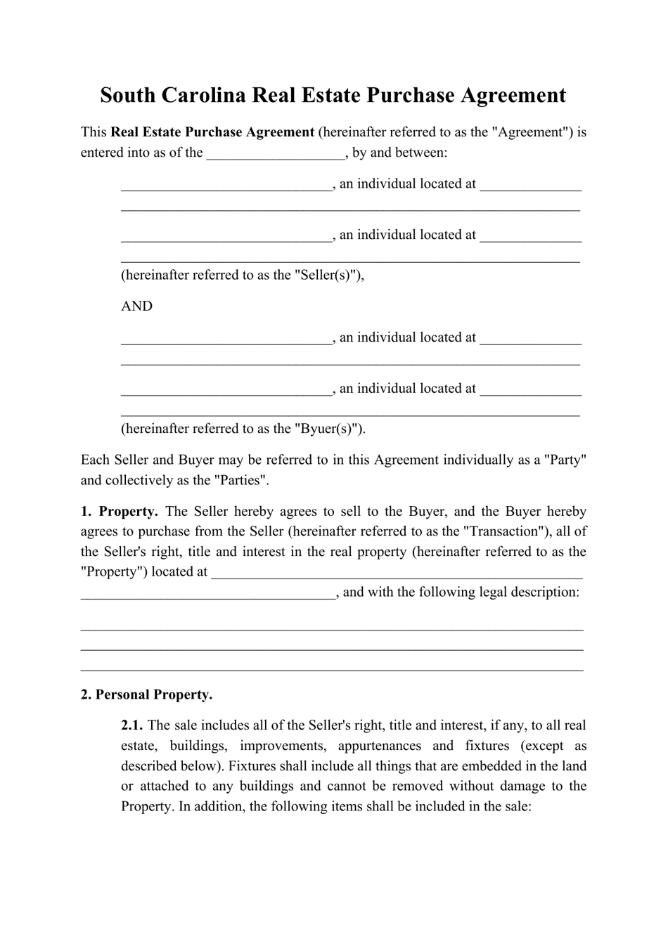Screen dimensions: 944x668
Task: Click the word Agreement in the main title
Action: click(513, 95)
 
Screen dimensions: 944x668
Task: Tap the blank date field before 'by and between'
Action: click(275, 153)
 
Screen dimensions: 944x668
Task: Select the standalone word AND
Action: click(136, 306)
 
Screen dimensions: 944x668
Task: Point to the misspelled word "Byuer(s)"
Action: click(327, 429)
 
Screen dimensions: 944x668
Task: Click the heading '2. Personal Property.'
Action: click(146, 695)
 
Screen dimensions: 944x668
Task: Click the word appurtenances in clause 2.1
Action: click(378, 746)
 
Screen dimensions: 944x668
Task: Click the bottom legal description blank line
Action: click(332, 668)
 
